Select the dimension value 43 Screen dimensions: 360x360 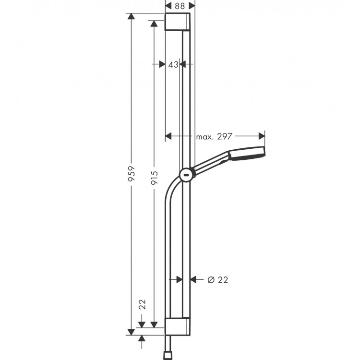point(173,64)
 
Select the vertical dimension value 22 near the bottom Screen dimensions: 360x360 point(142,304)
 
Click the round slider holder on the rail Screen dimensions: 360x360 point(186,176)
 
